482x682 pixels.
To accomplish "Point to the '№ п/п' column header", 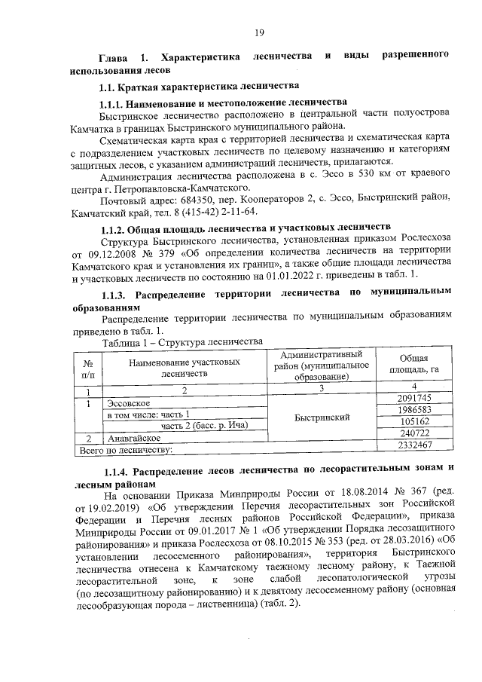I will pyautogui.click(x=87, y=367).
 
